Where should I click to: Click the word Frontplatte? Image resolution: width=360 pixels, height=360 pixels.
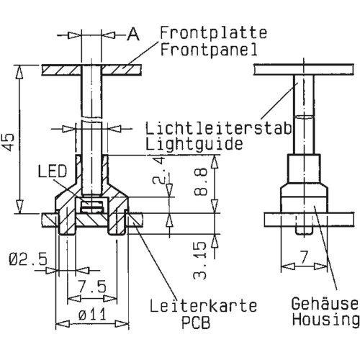point(213,33)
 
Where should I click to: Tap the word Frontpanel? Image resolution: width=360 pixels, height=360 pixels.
point(209,50)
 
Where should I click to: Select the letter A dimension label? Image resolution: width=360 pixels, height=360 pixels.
point(133,34)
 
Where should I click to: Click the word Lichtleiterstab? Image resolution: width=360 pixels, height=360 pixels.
point(218,128)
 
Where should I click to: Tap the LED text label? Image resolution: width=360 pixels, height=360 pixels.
point(53,171)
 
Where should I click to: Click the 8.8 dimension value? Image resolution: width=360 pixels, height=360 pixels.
point(200,181)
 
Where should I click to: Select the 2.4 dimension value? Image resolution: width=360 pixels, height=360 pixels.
point(158,170)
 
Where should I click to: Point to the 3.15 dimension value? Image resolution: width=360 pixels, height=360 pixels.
point(199,261)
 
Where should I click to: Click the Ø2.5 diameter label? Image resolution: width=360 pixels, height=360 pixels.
point(28,259)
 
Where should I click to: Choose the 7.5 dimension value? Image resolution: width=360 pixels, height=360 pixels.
point(92,287)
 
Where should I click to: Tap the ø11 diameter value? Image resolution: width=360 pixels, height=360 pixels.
point(92,315)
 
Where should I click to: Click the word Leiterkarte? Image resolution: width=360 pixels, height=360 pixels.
point(203,306)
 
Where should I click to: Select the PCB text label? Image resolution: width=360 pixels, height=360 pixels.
point(196,323)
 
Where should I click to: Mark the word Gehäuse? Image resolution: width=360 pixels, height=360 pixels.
point(325,303)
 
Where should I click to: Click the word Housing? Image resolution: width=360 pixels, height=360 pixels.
point(325,320)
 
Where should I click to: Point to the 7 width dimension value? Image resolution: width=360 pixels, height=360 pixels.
point(304,257)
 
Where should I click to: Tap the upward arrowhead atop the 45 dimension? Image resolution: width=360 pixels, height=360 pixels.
point(19,72)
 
